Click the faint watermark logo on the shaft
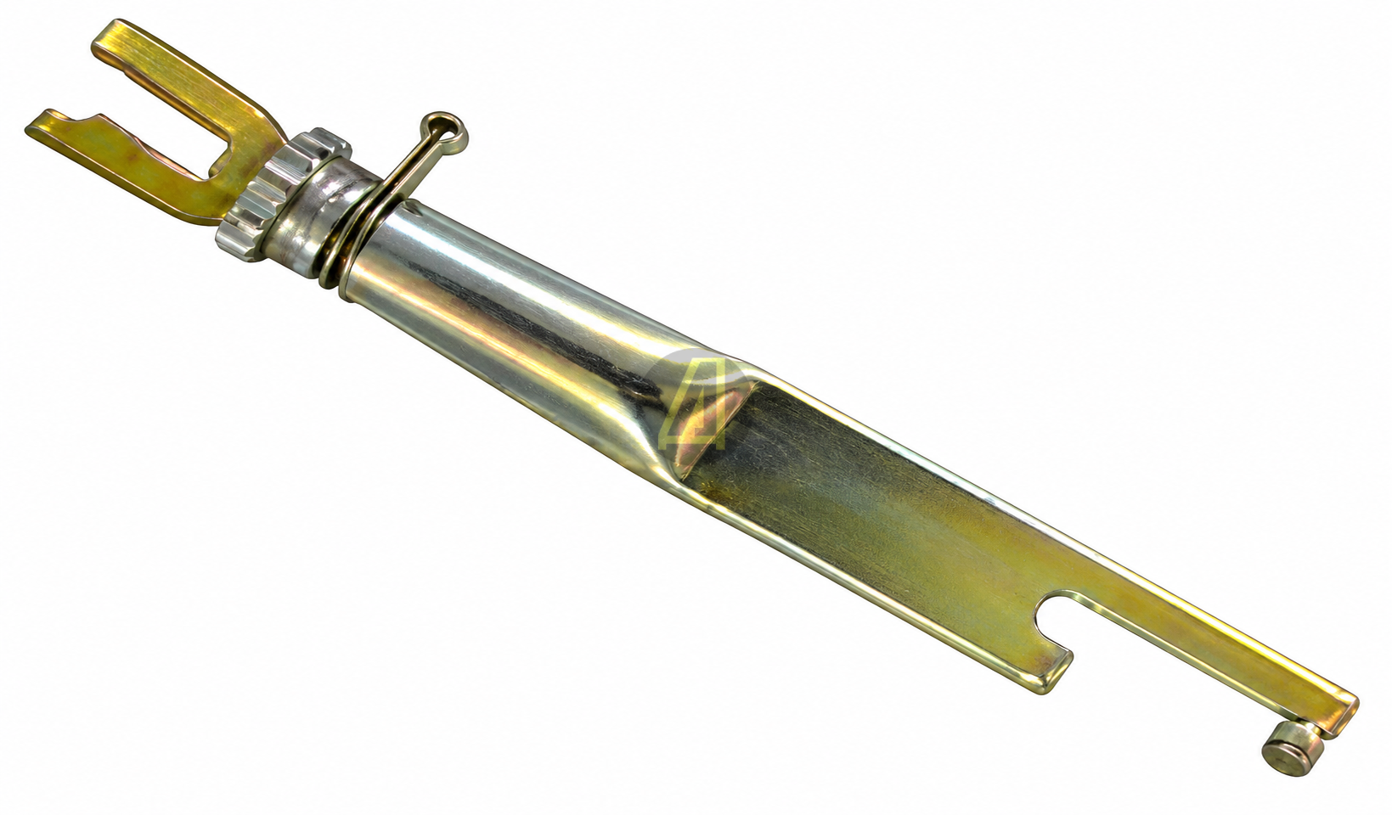point(696,404)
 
